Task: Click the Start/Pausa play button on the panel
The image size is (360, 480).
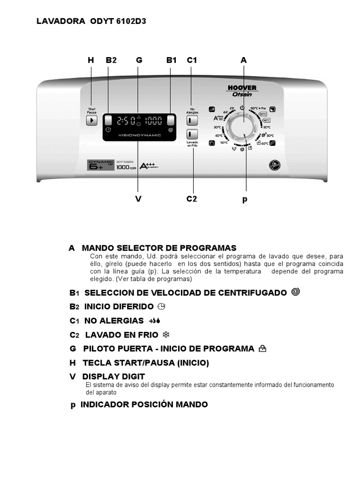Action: (91, 120)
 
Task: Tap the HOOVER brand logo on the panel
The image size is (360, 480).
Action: (242, 88)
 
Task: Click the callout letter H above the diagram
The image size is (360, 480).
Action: (91, 60)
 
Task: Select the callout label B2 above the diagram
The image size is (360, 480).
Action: (111, 60)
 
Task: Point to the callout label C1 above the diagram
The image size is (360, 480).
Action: (192, 60)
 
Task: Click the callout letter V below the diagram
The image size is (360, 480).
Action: (138, 199)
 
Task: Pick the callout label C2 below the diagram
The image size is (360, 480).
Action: (192, 199)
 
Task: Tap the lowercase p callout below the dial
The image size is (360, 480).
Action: (245, 199)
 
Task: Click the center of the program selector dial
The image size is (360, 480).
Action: (243, 127)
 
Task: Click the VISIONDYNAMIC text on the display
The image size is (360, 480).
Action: (140, 135)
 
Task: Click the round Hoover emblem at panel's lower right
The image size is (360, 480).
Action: (273, 165)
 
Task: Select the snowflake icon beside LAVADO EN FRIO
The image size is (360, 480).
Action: (165, 335)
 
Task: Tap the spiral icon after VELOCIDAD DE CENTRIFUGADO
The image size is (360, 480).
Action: (295, 292)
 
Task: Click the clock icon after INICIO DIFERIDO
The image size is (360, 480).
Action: (162, 307)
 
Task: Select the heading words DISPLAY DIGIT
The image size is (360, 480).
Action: (113, 376)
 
